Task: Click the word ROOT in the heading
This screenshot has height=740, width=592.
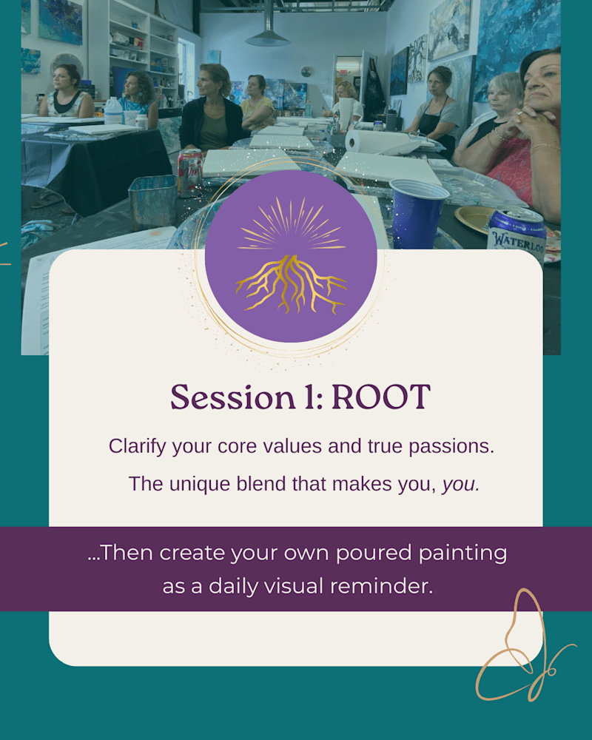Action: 381,397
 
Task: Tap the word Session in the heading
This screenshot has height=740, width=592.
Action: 233,397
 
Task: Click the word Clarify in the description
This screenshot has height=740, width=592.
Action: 137,446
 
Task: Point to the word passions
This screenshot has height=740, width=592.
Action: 451,447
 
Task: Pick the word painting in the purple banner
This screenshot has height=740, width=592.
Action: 462,554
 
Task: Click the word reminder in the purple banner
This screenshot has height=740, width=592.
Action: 381,586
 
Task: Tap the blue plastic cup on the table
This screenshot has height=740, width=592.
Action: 417,213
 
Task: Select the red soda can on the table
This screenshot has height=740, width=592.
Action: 189,172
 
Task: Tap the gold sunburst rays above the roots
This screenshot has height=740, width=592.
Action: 291,225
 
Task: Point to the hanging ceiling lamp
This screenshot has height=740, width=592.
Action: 268,33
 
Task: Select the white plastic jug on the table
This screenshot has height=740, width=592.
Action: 113,111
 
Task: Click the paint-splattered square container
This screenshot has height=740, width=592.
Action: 152,202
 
